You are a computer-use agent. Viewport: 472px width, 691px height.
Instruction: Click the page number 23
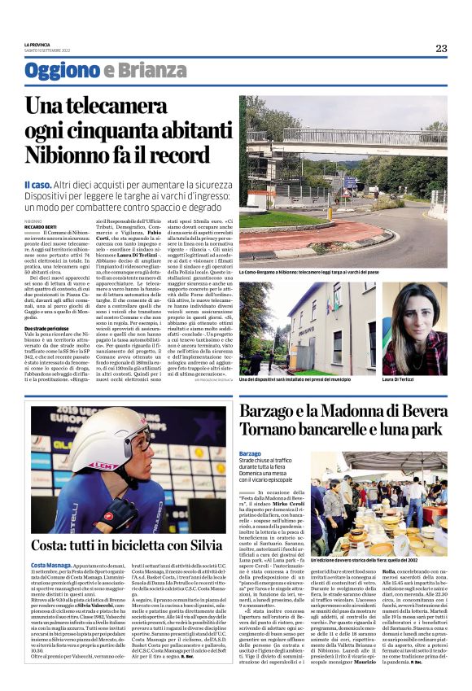coord(441,48)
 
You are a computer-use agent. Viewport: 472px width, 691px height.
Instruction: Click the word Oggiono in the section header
coord(62,71)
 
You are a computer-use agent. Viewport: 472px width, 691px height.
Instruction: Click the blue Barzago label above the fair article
coord(251,452)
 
